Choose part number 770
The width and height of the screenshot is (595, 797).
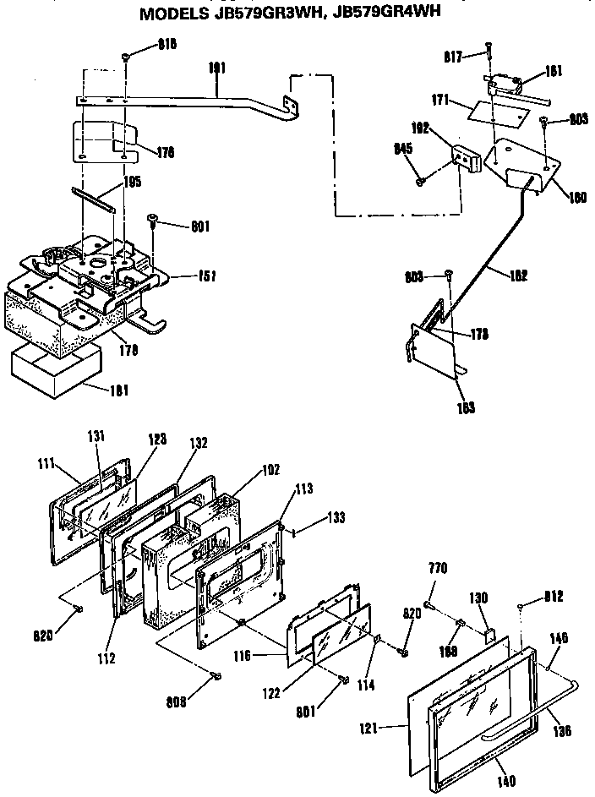438,567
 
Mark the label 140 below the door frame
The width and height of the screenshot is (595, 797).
507,781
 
